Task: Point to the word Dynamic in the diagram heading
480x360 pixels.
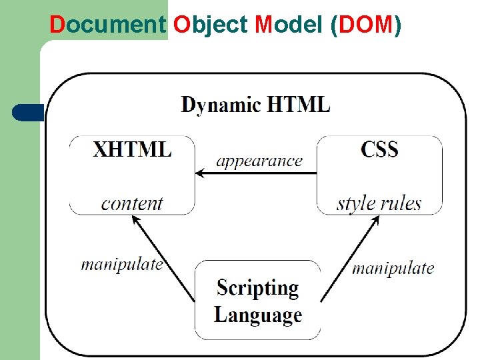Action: pyautogui.click(x=221, y=105)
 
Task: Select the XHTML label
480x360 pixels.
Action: pyautogui.click(x=132, y=149)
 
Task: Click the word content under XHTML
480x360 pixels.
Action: pyautogui.click(x=132, y=203)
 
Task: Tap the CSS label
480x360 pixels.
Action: pyautogui.click(x=379, y=149)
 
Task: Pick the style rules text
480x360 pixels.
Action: pyautogui.click(x=379, y=203)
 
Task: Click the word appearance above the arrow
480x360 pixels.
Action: pyautogui.click(x=259, y=161)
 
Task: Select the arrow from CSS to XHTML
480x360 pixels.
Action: pyautogui.click(x=256, y=174)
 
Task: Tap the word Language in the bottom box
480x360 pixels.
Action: pyautogui.click(x=257, y=314)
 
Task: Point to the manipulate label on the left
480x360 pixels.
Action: pyautogui.click(x=122, y=264)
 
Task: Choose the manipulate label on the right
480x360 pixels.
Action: pyautogui.click(x=393, y=268)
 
